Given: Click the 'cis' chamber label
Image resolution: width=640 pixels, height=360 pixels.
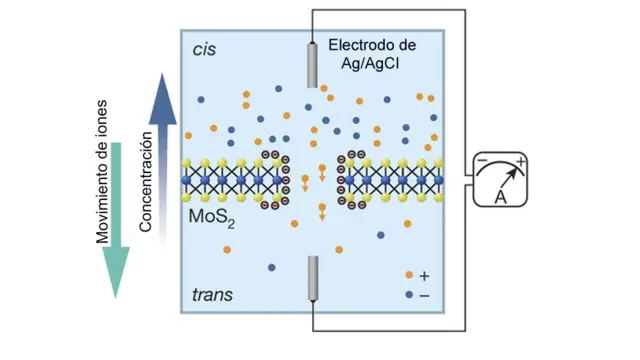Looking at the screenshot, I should (x=203, y=48).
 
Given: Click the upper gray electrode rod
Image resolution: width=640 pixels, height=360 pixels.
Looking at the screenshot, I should (x=312, y=64).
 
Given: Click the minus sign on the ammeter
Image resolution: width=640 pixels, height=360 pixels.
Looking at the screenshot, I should (x=481, y=162).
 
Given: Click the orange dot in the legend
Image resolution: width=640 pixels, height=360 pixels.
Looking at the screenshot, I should (x=407, y=275).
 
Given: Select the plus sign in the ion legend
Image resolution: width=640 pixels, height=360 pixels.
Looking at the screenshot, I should (x=425, y=275).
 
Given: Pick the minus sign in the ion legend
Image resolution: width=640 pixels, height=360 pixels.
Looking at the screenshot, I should (x=425, y=296).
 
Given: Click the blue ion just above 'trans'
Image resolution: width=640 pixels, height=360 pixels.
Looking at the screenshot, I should (x=272, y=267).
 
